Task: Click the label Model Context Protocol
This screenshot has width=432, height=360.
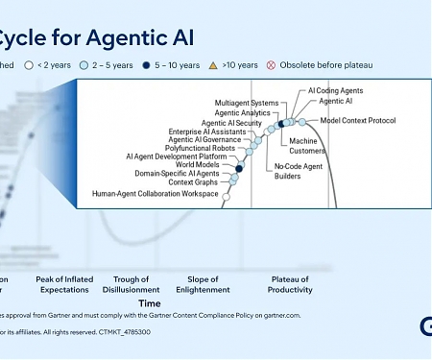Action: [x=357, y=121]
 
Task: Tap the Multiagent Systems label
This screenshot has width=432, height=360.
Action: [x=247, y=102]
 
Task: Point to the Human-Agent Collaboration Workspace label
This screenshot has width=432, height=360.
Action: [x=156, y=193]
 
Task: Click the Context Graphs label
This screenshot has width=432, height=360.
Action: [x=192, y=182]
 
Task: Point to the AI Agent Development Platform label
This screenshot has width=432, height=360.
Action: [x=177, y=156]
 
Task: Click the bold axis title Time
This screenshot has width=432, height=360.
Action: [x=149, y=302]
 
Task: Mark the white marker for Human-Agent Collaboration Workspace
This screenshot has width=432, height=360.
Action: [x=226, y=196]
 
